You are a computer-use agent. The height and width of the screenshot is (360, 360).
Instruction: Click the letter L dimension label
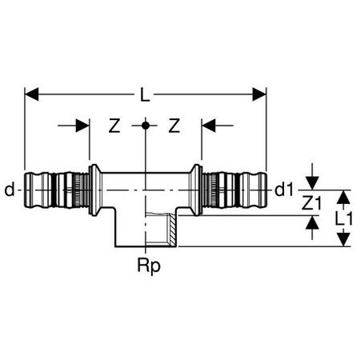coord(145,94)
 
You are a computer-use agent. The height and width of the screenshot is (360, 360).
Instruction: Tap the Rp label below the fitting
coord(149,266)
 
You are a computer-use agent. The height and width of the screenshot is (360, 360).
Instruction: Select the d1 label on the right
coord(284,190)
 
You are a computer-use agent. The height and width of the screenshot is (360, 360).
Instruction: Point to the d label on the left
coord(10,190)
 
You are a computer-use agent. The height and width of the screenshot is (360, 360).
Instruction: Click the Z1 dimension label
coord(311,202)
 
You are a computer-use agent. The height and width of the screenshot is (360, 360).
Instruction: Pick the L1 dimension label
coord(344,218)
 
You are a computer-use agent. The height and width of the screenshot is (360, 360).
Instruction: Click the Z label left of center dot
coord(114,126)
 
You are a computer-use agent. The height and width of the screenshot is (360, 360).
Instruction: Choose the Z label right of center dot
coord(174,126)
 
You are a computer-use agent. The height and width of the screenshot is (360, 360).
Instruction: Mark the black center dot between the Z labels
coord(146,126)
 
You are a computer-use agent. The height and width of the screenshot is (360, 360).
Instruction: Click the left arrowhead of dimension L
coord(31,94)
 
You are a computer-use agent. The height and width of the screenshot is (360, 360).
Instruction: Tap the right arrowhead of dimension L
coord(259,94)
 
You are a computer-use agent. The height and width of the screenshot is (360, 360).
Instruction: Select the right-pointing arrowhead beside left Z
coord(82,126)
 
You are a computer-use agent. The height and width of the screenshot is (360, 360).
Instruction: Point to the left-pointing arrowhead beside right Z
coord(208,126)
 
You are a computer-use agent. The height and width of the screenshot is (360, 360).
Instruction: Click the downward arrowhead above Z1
coord(312,183)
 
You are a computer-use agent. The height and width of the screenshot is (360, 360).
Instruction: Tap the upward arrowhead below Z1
coord(312,222)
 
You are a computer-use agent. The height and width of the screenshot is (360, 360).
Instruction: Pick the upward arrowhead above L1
coord(344,197)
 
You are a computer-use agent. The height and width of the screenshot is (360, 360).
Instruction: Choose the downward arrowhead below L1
coord(344,239)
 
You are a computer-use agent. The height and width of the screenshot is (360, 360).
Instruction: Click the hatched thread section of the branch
coord(172,230)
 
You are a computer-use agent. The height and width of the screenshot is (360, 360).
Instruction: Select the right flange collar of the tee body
coord(195,190)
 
